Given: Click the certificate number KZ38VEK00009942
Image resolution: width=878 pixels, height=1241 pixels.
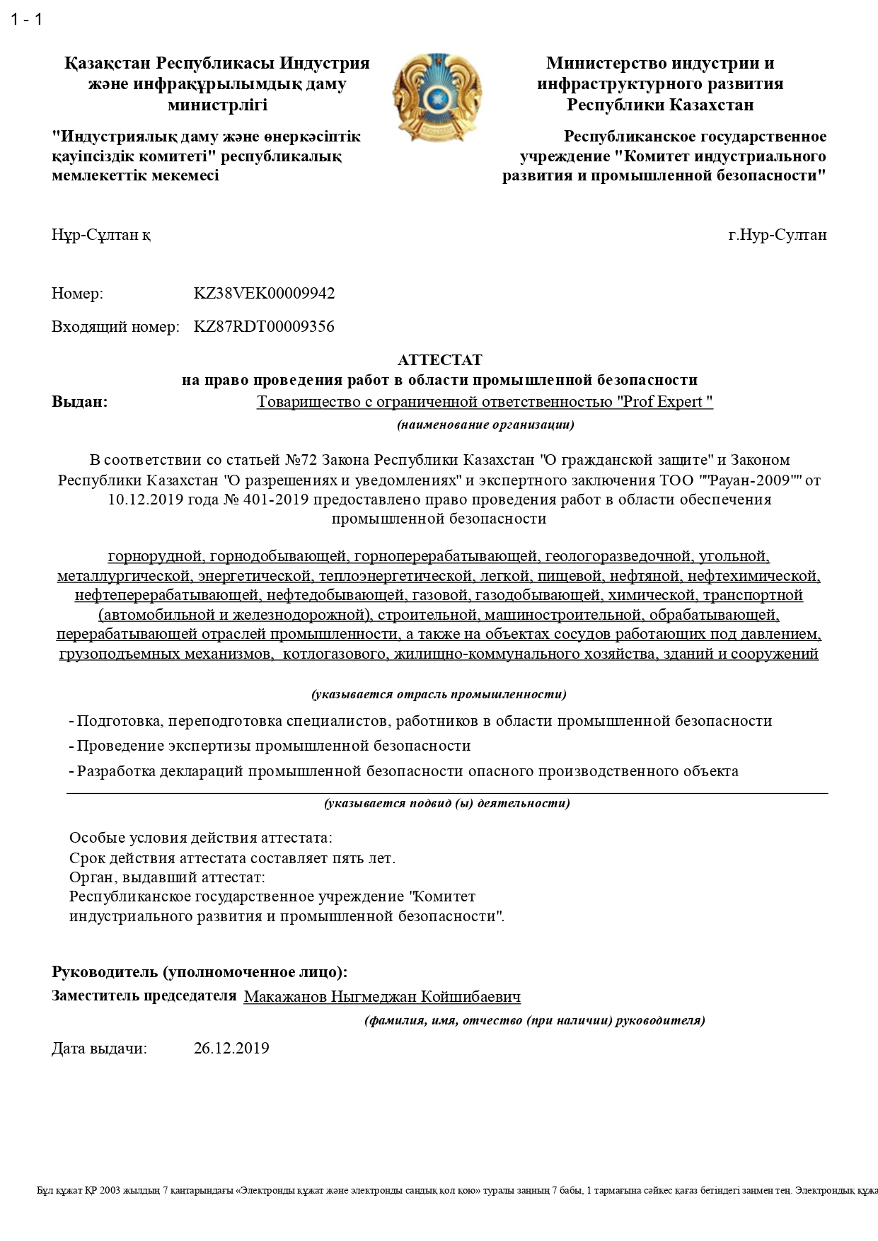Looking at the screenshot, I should (x=264, y=294).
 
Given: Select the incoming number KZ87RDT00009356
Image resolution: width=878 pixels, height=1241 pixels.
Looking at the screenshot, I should (x=264, y=327).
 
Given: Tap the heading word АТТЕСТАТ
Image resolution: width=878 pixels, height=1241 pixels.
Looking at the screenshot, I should (x=439, y=360).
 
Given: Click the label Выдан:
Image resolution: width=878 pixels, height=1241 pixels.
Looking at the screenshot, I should (x=80, y=402).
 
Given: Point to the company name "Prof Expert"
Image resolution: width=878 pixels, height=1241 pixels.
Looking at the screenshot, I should (x=664, y=402).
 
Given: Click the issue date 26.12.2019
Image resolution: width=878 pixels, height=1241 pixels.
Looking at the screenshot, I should (x=231, y=1048).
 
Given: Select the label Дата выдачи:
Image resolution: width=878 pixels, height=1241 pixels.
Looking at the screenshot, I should (x=99, y=1048).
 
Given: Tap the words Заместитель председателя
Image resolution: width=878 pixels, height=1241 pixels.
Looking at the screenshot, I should (x=144, y=995).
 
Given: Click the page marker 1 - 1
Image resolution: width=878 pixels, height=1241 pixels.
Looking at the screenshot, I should (x=27, y=19).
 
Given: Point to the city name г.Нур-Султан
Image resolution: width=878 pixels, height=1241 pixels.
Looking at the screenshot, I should (x=777, y=235).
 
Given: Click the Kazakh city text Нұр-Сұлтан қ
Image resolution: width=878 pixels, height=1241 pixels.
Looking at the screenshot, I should (x=100, y=235).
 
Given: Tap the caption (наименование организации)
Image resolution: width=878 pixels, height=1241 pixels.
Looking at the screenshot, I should (x=485, y=425).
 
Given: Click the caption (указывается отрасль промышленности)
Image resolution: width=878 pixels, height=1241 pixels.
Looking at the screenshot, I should (x=439, y=694).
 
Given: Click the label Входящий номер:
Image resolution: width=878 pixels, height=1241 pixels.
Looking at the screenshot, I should (x=115, y=327).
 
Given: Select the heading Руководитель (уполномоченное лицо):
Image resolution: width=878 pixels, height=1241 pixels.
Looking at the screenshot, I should (x=200, y=972).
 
